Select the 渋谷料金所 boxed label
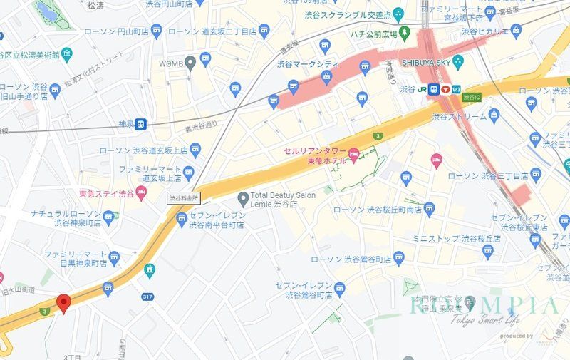[184, 197]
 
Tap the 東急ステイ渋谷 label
[107, 192]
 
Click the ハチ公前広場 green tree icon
[405, 31]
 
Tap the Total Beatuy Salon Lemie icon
[242, 197]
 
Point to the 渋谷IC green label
[472, 96]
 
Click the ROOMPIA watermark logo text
[484, 307]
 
